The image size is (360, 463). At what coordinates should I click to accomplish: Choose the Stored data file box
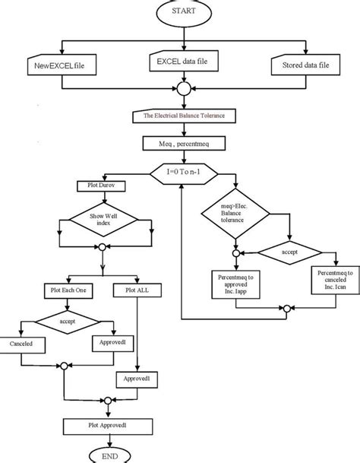click(x=303, y=66)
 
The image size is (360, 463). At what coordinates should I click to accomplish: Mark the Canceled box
click(x=25, y=344)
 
